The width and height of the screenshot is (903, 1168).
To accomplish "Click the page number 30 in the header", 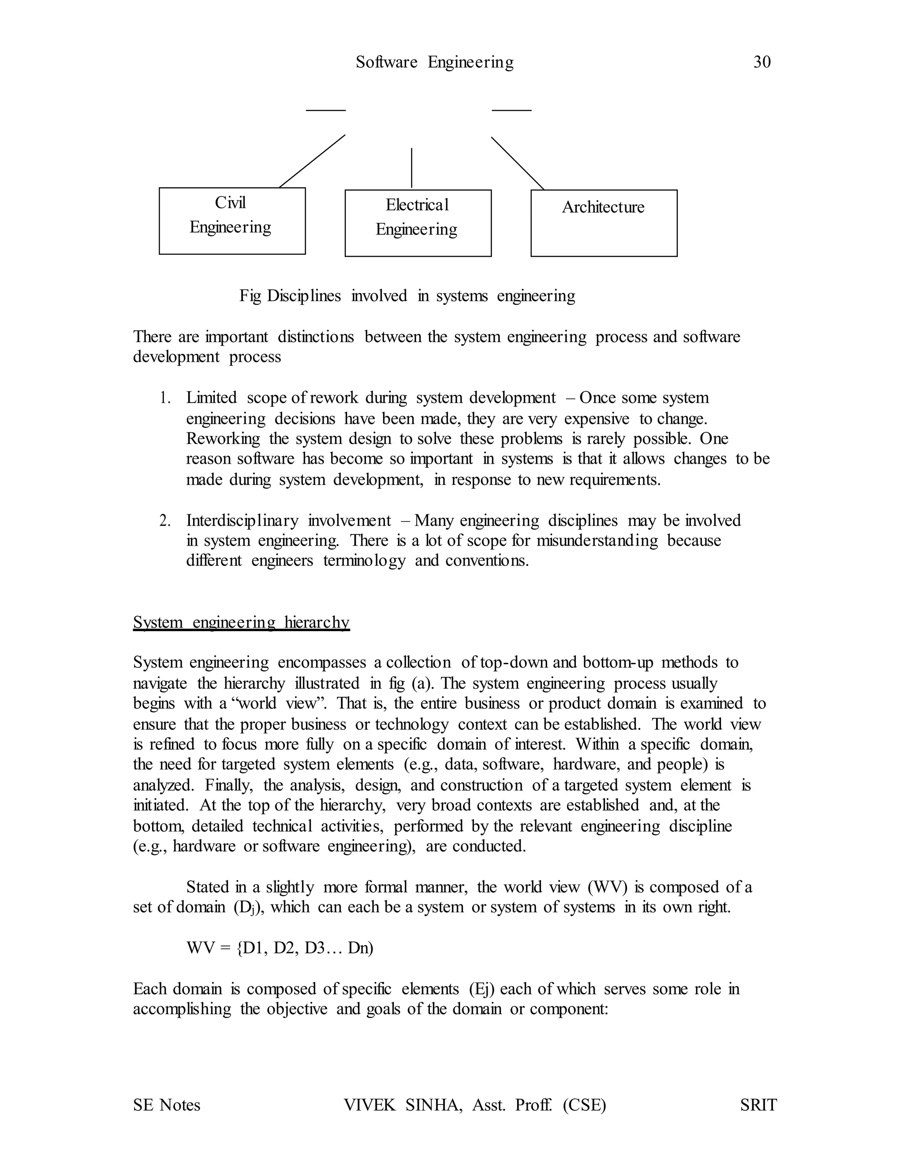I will point(762,62).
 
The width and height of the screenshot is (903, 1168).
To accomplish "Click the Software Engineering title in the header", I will point(434,62).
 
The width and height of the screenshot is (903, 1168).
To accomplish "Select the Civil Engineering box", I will point(232,220).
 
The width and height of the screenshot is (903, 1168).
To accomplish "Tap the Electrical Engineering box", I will point(418,223).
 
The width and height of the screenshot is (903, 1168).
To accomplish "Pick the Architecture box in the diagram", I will point(604,223).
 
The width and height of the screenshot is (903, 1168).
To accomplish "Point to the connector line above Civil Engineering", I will point(312,161).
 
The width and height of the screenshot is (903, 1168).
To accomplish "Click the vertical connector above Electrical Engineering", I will point(411,167).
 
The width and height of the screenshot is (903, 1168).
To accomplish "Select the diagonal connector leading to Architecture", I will point(517,163).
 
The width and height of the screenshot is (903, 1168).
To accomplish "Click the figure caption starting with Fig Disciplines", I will point(407,296).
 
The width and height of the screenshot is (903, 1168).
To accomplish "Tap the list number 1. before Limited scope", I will point(165,398).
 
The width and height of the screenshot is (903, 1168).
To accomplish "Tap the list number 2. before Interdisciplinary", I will point(165,521).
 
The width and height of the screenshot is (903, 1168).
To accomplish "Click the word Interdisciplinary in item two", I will point(242,521).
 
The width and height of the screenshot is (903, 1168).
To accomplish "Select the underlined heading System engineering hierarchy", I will point(241,622).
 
